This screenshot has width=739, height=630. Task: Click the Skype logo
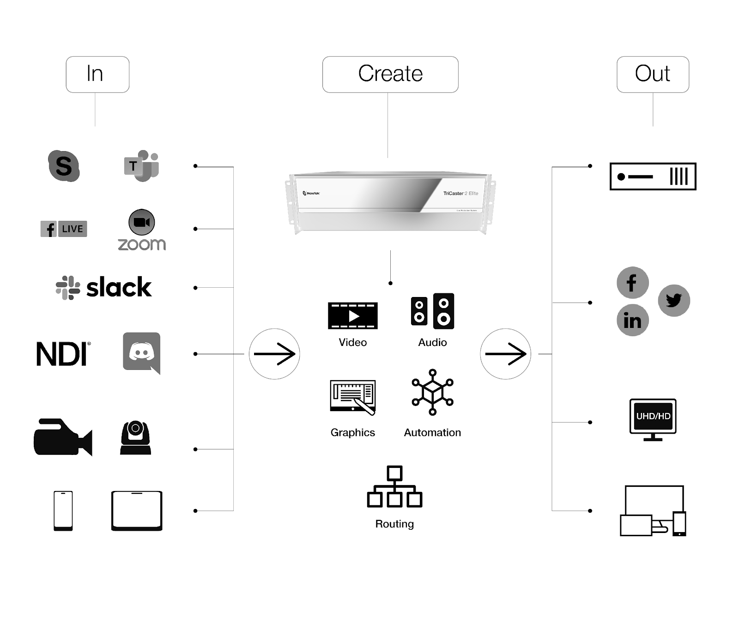(x=64, y=166)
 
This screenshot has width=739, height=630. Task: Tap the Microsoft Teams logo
(x=141, y=166)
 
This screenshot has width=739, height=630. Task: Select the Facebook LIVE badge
(x=64, y=229)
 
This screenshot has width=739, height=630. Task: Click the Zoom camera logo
(x=141, y=222)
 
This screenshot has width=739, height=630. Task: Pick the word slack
(x=119, y=287)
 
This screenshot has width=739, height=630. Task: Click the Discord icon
(x=141, y=352)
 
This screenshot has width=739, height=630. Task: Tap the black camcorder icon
(x=63, y=437)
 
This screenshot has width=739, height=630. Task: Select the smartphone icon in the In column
(x=63, y=511)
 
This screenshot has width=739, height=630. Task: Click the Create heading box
(x=390, y=74)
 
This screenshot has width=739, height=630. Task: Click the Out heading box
(x=653, y=74)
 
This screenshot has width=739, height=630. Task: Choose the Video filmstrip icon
(x=352, y=315)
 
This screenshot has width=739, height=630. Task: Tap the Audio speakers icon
(x=432, y=311)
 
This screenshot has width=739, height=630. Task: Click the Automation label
(x=432, y=433)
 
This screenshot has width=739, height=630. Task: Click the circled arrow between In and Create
(x=274, y=354)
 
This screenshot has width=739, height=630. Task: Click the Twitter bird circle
(x=674, y=301)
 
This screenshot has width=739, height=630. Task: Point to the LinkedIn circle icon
(x=632, y=320)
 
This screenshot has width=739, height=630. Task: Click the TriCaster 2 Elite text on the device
(x=460, y=194)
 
